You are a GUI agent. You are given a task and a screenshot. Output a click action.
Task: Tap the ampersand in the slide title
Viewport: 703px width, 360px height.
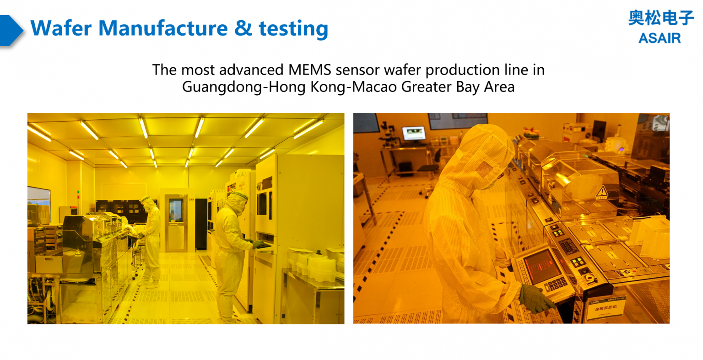coord(243,28)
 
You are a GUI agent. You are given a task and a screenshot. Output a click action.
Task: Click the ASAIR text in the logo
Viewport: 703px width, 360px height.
coord(659,38)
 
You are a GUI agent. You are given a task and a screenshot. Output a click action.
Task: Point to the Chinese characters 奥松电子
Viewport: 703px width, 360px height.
coord(660,18)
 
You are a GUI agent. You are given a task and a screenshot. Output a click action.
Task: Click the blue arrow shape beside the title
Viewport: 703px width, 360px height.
coord(11,31)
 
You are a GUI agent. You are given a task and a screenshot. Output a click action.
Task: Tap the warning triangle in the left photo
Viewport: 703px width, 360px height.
coord(78,253)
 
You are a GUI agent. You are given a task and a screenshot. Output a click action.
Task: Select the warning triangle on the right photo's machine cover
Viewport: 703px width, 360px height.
coord(602,192)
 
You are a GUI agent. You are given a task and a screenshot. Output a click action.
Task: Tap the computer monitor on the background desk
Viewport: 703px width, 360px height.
coord(414,134)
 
